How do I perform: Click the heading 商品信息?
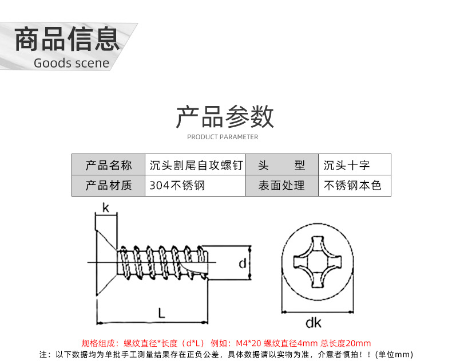point(67,39)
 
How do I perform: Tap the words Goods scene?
point(71,63)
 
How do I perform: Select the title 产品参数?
point(225,117)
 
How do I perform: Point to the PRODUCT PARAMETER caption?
point(223,137)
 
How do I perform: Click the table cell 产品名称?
point(108,165)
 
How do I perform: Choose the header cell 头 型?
point(281,165)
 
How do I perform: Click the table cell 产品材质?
point(108,186)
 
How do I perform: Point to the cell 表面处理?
point(281,186)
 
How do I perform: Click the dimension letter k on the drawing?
point(105,208)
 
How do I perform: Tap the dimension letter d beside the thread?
point(242,264)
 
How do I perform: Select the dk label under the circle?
point(313,323)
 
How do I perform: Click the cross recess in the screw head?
point(314,263)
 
